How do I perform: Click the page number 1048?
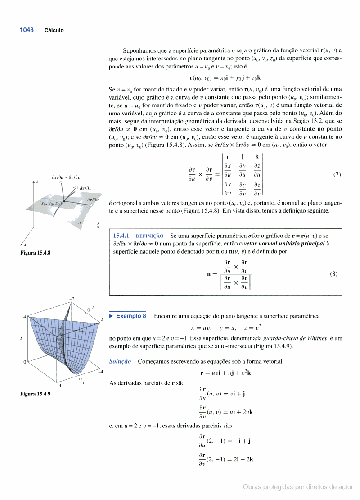tap(27, 30)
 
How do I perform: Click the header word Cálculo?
tap(54, 31)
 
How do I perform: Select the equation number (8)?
tap(333, 273)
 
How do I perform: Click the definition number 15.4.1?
tap(121, 236)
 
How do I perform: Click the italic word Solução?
tap(120, 361)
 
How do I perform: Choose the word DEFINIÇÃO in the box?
tap(150, 236)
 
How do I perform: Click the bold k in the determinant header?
tap(256, 157)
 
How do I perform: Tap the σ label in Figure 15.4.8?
tap(80, 223)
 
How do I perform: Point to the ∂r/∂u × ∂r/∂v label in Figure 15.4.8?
tap(66, 177)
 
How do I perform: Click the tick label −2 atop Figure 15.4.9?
tap(72, 299)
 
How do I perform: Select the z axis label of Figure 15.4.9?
tap(22, 338)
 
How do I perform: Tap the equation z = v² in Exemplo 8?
tap(252, 327)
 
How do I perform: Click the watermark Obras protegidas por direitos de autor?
tap(298, 487)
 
